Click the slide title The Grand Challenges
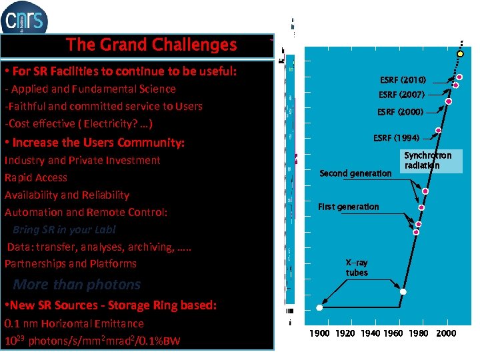151,45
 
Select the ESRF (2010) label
403,80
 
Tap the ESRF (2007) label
401,95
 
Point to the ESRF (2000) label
400,112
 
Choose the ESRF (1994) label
396,139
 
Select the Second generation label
355,173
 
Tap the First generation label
348,207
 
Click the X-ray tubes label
357,268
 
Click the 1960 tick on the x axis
392,333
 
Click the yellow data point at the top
460,53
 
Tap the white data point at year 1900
319,308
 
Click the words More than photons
77,285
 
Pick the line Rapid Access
36,177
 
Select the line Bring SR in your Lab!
64,229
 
